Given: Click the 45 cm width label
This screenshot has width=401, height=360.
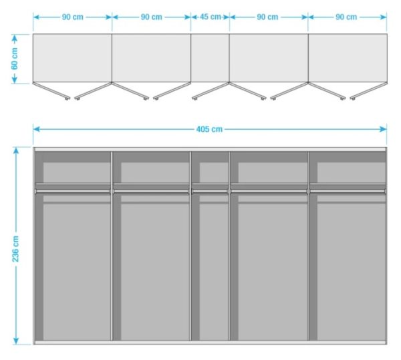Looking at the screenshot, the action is point(211,17).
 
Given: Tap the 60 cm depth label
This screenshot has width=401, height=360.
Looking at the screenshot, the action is point(15,59).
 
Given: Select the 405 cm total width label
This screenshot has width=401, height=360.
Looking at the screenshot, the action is point(209,129).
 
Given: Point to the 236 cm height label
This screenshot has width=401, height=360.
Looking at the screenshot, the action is point(15,249).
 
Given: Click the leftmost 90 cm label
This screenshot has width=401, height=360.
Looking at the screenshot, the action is point(73,17).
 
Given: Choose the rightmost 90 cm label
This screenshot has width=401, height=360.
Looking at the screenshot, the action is point(346,17).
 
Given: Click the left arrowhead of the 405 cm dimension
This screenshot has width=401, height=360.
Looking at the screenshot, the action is point(36,129).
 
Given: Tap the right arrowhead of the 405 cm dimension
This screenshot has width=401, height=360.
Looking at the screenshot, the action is point(384,129).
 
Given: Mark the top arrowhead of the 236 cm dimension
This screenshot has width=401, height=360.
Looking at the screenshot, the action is point(16,151).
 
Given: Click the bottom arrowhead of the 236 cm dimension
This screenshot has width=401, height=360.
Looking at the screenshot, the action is point(16,341).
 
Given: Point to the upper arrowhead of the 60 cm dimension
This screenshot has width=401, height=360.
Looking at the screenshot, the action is point(15,38).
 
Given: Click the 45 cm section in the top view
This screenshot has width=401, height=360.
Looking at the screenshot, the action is point(210,58).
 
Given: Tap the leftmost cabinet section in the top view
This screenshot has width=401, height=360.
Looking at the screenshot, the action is point(72,58).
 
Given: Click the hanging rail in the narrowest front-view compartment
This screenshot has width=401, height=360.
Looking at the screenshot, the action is point(210,191).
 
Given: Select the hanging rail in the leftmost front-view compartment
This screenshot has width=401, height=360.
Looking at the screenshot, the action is point(73,191).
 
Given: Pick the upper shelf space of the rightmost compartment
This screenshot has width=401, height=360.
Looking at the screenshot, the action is point(348,167).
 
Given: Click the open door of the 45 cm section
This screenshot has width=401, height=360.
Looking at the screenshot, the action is point(211,90).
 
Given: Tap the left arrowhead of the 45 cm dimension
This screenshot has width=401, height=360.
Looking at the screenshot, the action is point(194,17).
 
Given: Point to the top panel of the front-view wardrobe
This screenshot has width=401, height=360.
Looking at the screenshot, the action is point(210,149).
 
